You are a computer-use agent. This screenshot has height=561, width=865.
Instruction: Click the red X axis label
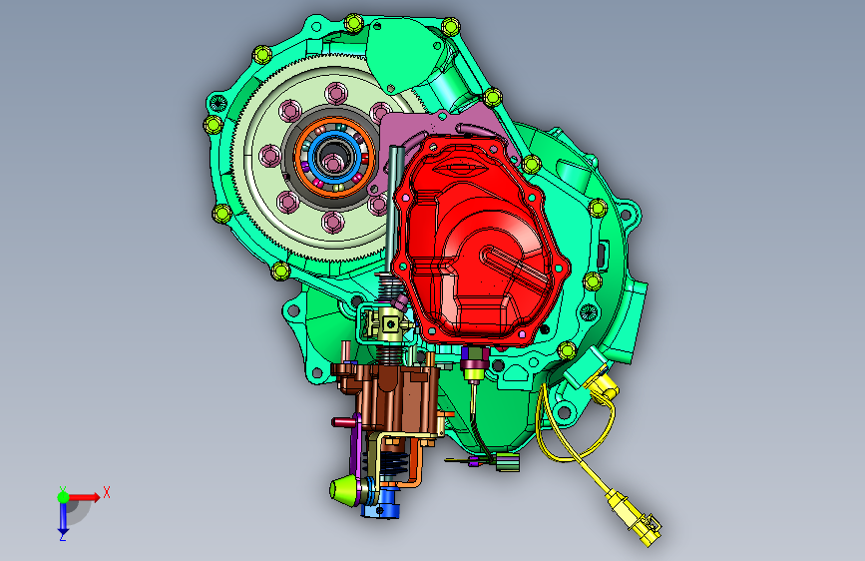pyautogui.click(x=107, y=492)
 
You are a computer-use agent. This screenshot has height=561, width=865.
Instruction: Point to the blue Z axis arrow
pyautogui.click(x=63, y=516)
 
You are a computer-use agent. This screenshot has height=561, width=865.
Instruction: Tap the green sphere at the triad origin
pyautogui.click(x=64, y=497)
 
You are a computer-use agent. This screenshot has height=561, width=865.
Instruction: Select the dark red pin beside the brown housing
pyautogui.click(x=343, y=423)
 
